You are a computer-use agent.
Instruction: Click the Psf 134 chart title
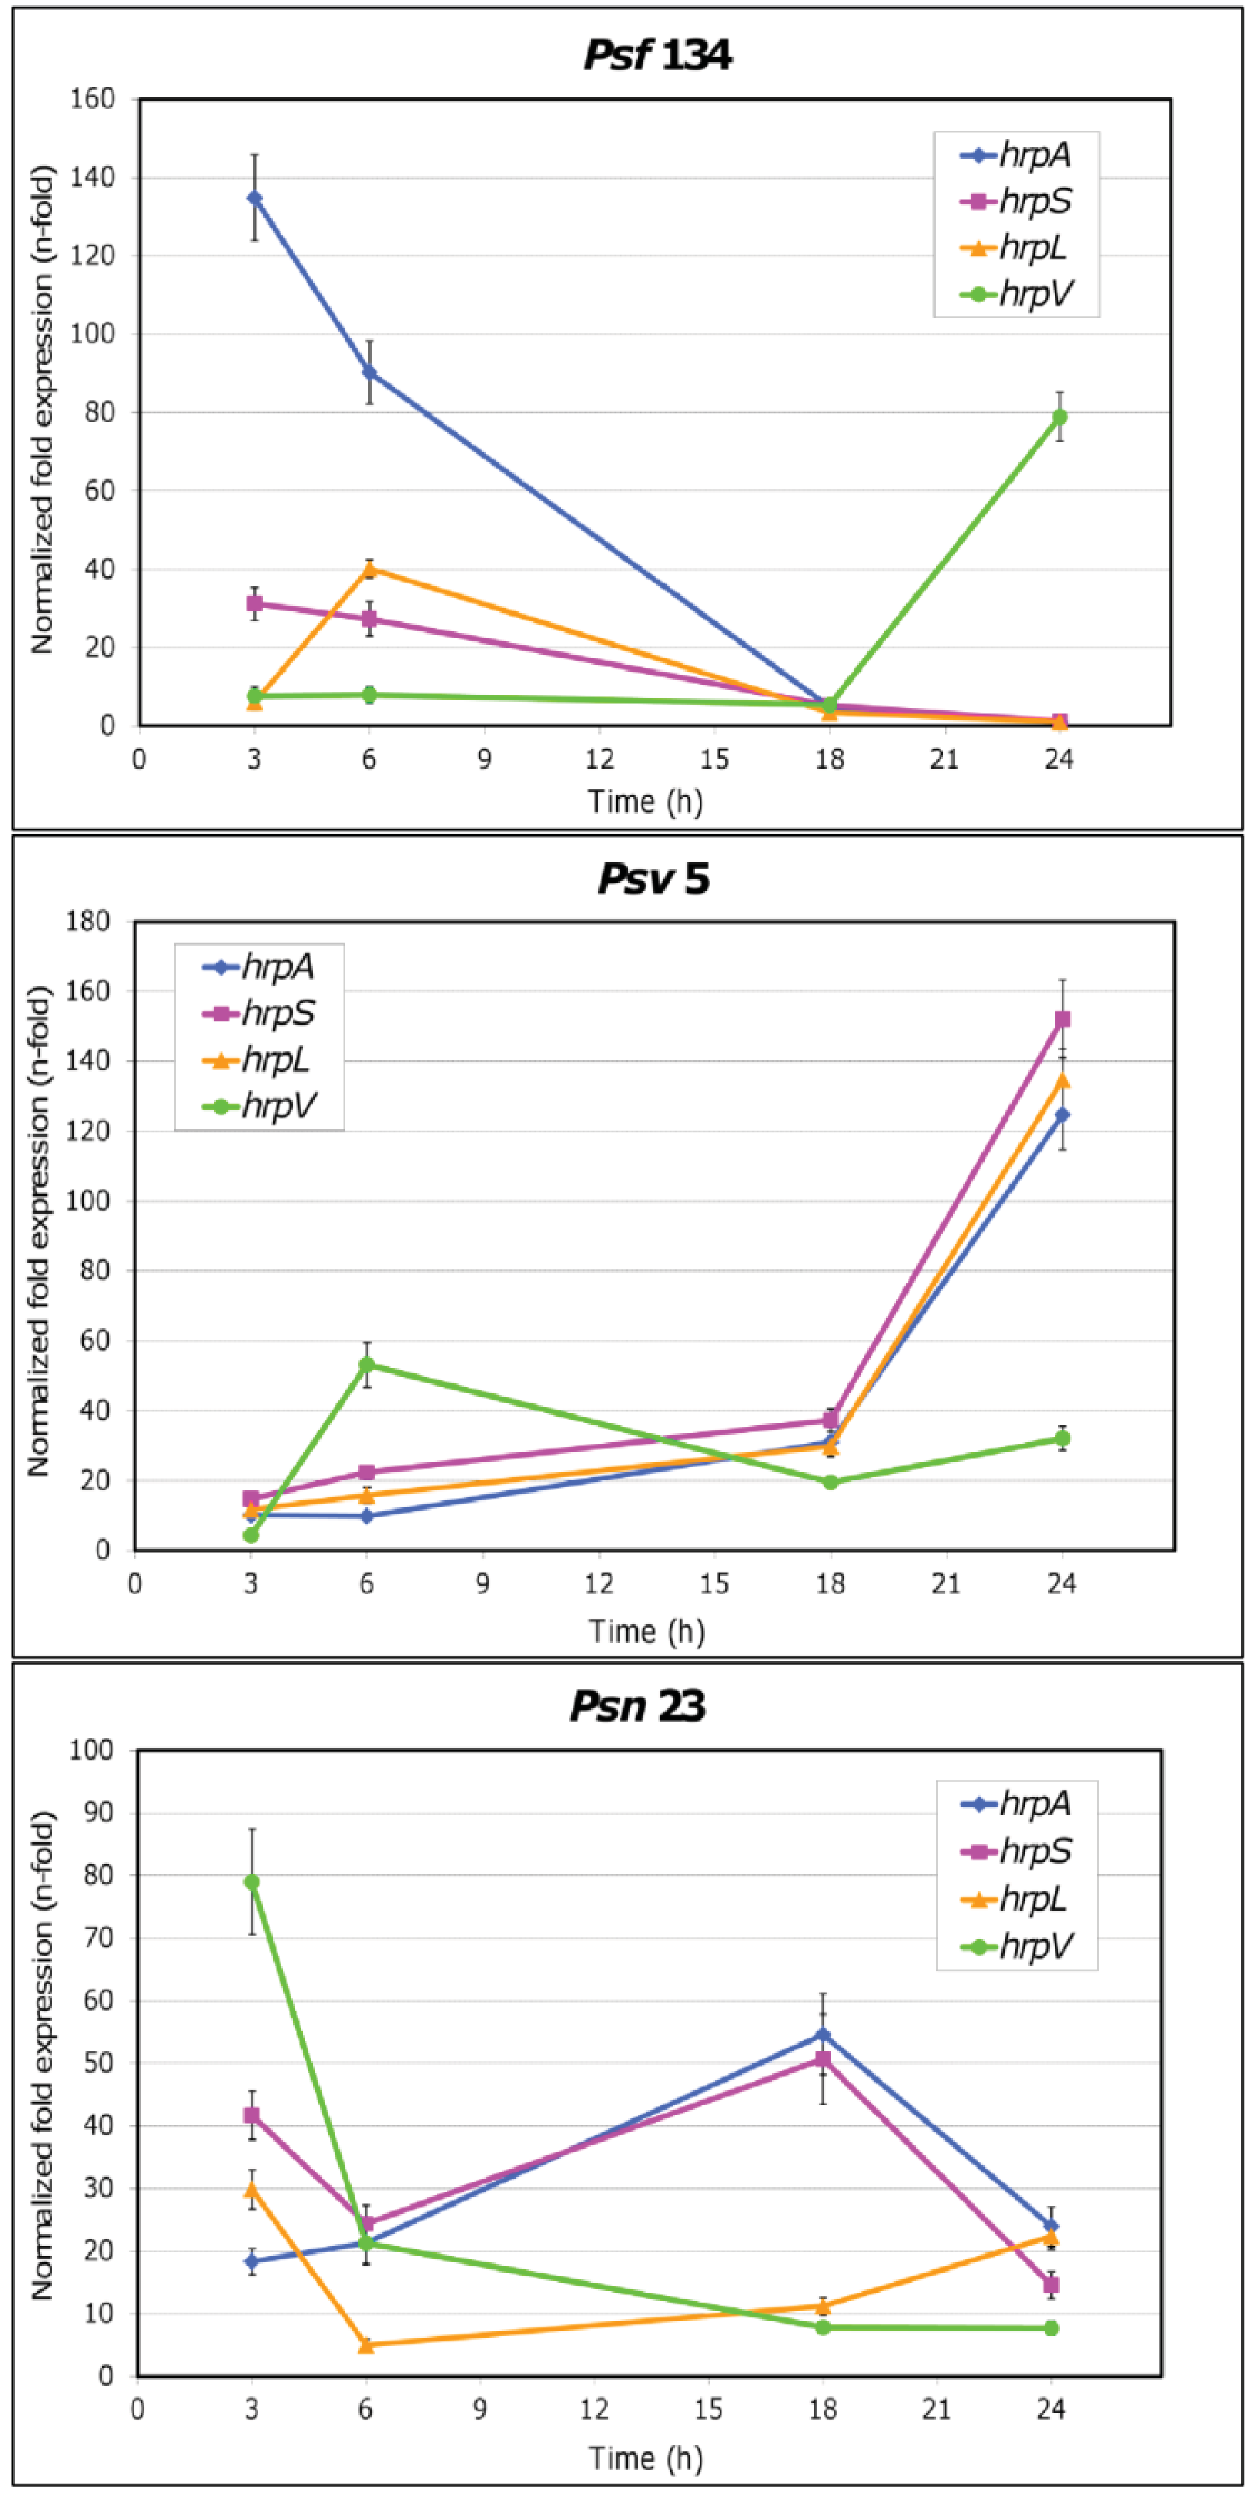point(657,55)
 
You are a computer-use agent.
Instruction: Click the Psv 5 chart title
point(653,879)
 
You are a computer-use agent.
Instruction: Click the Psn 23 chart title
point(638,1706)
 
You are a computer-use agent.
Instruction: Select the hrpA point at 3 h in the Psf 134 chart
point(255,198)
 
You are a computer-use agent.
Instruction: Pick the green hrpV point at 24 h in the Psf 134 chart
point(1060,417)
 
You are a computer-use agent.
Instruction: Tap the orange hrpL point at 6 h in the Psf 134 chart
point(368,569)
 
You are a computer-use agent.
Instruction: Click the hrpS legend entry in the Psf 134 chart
point(1016,201)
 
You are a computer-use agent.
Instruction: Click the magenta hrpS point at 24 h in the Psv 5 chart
point(1062,1019)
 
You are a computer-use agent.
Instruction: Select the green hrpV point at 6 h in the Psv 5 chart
point(366,1364)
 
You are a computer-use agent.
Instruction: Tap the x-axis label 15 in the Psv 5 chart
point(714,1584)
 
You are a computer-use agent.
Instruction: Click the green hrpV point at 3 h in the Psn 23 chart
point(252,1882)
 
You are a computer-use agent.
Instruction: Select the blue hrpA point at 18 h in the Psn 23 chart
point(823,2035)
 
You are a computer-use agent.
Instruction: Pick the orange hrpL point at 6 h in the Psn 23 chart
point(366,2345)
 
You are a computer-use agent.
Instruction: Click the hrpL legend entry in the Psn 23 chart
point(1016,1899)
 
